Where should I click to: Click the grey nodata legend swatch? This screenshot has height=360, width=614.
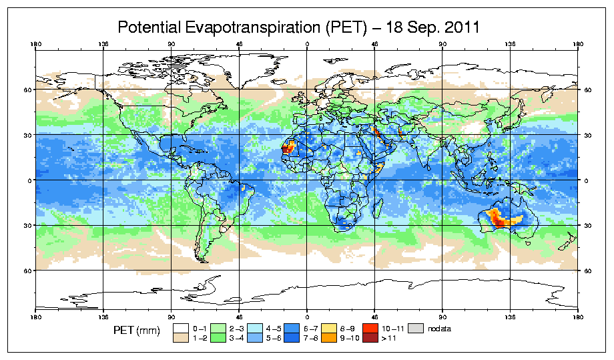click(416, 329)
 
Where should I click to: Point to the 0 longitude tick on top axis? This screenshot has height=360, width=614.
click(307, 45)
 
